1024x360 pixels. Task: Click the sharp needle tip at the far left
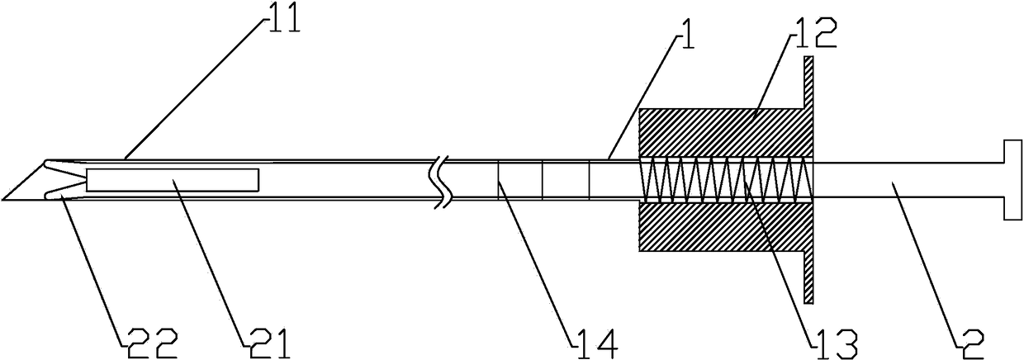click(7, 198)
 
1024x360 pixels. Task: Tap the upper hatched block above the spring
click(718, 132)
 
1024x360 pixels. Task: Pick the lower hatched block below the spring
click(718, 227)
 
